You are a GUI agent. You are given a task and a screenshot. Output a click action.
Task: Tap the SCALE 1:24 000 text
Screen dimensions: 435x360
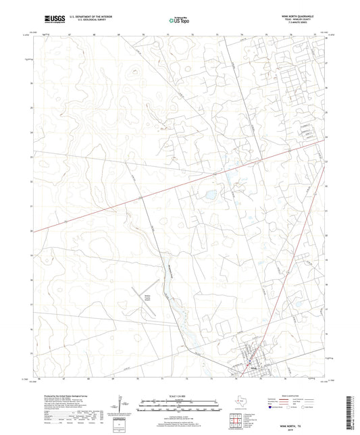pyautogui.click(x=179, y=394)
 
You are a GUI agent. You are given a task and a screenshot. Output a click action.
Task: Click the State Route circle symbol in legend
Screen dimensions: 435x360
pyautogui.click(x=320, y=407)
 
